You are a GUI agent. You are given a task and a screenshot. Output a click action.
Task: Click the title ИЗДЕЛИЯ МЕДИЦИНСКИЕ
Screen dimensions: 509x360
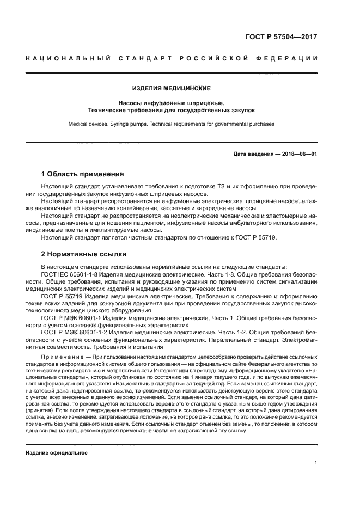pos(172,88)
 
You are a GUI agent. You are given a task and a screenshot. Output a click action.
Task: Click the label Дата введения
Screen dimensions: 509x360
pos(253,154)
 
